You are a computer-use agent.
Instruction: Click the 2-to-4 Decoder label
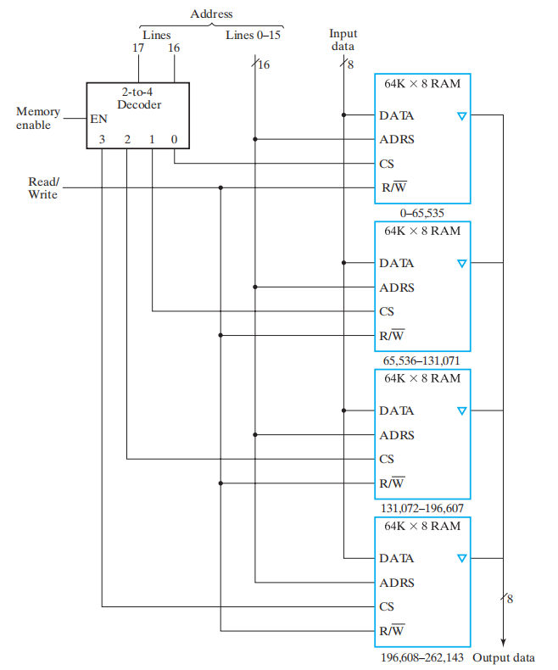click(138, 98)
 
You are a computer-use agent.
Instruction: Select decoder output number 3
click(102, 139)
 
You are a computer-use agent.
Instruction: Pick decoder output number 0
click(174, 139)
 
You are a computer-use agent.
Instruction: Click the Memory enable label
click(37, 119)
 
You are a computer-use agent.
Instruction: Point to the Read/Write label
click(43, 188)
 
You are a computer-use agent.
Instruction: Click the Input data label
click(343, 40)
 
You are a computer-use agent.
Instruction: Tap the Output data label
click(504, 657)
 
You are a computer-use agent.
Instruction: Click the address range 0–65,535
click(422, 212)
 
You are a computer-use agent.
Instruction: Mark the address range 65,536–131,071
click(422, 360)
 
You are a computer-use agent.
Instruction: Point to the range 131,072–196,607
click(422, 508)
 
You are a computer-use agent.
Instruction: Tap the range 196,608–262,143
click(422, 657)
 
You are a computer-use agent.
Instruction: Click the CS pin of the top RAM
click(387, 164)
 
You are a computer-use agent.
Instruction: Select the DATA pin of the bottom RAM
click(396, 558)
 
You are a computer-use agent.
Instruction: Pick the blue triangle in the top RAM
click(461, 115)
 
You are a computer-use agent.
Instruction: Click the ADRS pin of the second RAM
click(396, 288)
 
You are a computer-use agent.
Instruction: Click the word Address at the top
click(211, 14)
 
